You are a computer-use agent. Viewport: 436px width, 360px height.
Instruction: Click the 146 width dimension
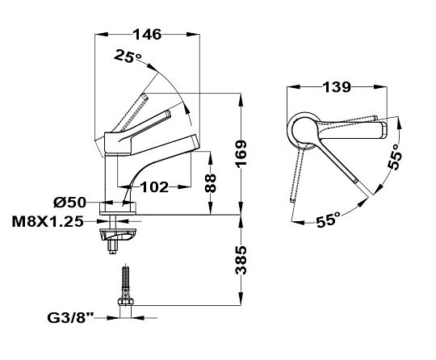point(147,34)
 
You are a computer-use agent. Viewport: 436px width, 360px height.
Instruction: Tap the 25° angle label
point(128,56)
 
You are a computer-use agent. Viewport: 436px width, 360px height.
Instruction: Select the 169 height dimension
point(241,153)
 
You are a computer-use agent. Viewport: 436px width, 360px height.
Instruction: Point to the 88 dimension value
point(211,183)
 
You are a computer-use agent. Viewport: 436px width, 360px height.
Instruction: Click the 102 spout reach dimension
point(154,187)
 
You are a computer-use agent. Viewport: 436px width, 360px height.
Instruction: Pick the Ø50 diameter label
point(69,203)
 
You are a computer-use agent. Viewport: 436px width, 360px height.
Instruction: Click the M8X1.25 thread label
point(48,222)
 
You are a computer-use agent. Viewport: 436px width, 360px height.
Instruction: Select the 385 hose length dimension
point(241,260)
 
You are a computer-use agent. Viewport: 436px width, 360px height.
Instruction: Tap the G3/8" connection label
point(71,318)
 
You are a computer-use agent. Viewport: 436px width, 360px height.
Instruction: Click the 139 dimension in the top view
point(337,87)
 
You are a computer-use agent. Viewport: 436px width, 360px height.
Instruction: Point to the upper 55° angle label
point(395,157)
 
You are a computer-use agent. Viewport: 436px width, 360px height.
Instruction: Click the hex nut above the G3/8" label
point(125,302)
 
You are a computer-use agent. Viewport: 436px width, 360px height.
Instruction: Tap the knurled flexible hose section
point(125,277)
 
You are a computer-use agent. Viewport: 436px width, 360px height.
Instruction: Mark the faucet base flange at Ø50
point(119,208)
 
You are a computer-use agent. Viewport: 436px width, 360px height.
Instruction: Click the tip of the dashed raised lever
point(145,97)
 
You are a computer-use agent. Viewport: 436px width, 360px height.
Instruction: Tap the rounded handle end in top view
point(384,130)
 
